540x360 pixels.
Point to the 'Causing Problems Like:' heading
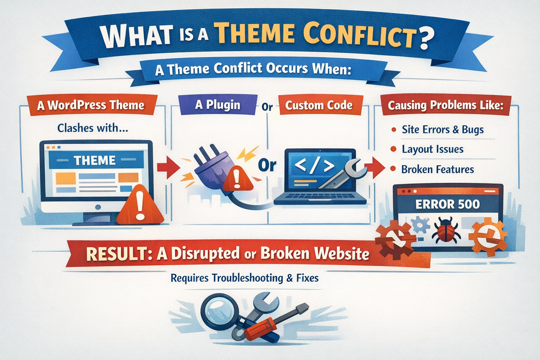(x=446, y=105)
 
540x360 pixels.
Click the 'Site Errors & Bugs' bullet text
(x=443, y=130)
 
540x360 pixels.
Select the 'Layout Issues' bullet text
(x=432, y=149)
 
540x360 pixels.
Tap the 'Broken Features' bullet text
(x=438, y=169)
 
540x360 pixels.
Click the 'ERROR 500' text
(x=448, y=205)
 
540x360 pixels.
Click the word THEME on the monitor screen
(x=95, y=160)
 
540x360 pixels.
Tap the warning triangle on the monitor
(x=140, y=205)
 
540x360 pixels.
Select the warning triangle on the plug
(x=237, y=179)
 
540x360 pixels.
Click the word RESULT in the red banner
(x=117, y=254)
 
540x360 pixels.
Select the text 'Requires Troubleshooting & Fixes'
(x=244, y=278)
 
